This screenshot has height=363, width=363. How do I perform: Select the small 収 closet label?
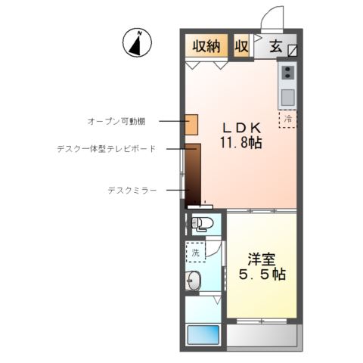tap(242, 46)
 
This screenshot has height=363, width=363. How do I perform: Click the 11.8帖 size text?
tap(241, 142)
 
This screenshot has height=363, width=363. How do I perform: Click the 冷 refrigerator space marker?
tap(288, 119)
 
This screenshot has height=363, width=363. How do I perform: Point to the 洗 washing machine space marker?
tap(195, 253)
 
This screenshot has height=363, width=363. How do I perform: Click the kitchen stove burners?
tap(288, 73)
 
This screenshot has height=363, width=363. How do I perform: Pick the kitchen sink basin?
tap(288, 97)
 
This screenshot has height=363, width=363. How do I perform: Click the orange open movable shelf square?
tap(191, 123)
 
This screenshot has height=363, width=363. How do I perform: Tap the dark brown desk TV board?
tap(193, 172)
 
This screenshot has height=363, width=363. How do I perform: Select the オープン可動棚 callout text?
tap(122, 121)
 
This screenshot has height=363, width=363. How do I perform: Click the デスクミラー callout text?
tap(132, 191)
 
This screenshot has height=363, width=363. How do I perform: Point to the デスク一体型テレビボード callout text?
tap(106, 149)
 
